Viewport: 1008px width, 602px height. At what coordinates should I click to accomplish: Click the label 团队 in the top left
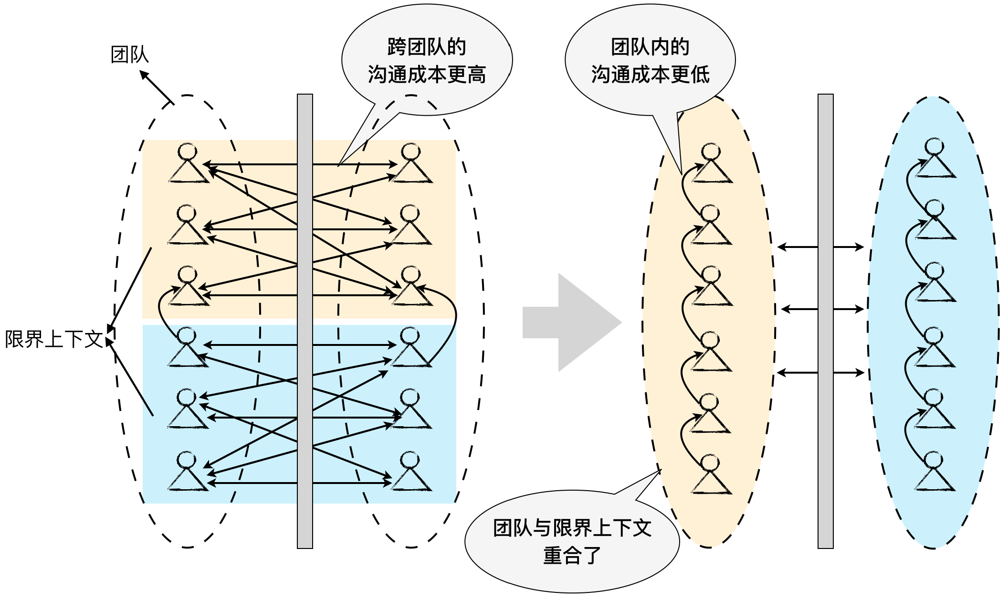pyautogui.click(x=129, y=54)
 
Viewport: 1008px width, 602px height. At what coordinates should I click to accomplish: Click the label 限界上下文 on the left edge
pyautogui.click(x=53, y=339)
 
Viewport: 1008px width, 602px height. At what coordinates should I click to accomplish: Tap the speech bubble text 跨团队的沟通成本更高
pyautogui.click(x=427, y=61)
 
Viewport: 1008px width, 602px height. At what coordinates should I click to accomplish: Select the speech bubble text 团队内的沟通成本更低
pyautogui.click(x=650, y=61)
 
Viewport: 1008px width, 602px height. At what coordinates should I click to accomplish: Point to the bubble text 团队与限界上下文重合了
pyautogui.click(x=572, y=542)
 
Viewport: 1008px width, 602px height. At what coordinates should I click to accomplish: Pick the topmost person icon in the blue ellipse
pyautogui.click(x=934, y=159)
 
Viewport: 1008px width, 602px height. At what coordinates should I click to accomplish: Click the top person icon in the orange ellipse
pyautogui.click(x=711, y=163)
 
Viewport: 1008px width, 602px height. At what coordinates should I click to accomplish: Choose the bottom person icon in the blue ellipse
pyautogui.click(x=934, y=472)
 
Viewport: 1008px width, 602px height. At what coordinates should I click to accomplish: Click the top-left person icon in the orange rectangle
pyautogui.click(x=188, y=163)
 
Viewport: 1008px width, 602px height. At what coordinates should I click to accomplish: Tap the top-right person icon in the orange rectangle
pyautogui.click(x=411, y=163)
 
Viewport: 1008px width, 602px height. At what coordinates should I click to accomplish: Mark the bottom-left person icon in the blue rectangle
pyautogui.click(x=187, y=472)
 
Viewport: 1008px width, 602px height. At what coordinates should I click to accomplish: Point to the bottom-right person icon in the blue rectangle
pyautogui.click(x=410, y=472)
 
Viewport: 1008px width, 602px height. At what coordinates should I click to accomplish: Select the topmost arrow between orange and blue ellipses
pyautogui.click(x=820, y=247)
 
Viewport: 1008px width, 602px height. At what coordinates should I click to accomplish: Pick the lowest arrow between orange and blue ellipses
pyautogui.click(x=820, y=373)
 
